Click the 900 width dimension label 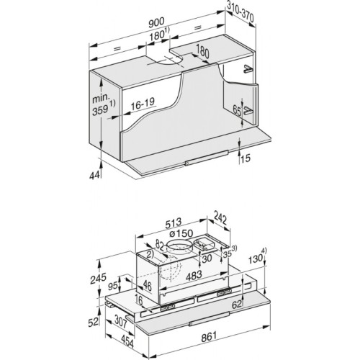[156, 23]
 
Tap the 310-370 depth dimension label [240, 13]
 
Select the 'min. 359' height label [102, 104]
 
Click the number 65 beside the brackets [237, 111]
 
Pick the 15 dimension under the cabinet [245, 158]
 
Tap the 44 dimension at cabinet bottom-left [94, 176]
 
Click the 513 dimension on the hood [174, 223]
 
